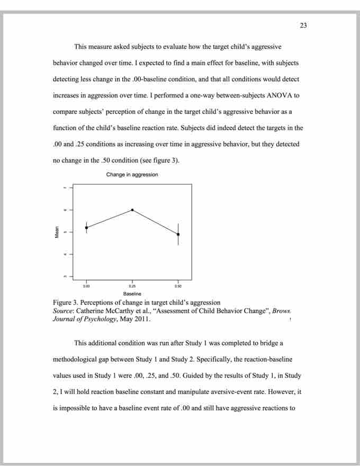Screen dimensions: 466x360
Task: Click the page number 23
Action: click(303, 25)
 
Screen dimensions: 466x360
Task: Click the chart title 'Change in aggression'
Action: click(132, 175)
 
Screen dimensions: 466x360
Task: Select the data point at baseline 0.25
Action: click(132, 210)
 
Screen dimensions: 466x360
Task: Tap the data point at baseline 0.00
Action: click(86, 228)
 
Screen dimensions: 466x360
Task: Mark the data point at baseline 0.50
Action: click(178, 234)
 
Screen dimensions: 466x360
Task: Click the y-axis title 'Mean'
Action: click(57, 232)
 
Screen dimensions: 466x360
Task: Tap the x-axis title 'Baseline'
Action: click(132, 293)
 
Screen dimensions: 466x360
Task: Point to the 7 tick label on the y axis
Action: click(65, 188)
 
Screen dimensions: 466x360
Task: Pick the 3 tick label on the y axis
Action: click(65, 276)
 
